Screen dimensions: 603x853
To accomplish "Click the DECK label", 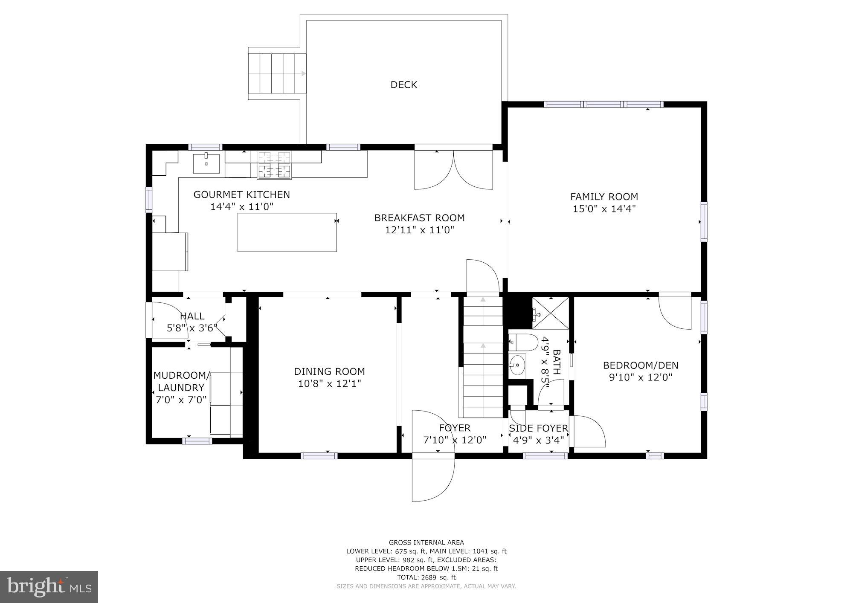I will [403, 85].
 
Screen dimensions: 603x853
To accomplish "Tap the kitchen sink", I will [206, 164].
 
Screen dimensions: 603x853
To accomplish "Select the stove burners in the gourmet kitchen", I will [274, 165].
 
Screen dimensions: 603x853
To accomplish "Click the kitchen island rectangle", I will [287, 232].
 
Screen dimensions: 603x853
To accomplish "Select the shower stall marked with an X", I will [551, 313].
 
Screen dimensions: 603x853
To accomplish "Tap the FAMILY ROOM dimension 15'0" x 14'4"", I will [604, 209].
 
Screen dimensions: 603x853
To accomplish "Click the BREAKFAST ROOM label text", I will [419, 218].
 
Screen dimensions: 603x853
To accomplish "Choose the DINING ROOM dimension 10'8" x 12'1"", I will [329, 384].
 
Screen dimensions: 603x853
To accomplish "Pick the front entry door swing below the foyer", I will [432, 478].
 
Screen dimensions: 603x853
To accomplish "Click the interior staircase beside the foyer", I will [483, 358].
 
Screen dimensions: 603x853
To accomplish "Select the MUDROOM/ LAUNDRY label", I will [181, 382].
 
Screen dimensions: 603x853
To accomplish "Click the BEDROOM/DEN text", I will [640, 365].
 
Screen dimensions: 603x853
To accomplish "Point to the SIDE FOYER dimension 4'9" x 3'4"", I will [538, 440].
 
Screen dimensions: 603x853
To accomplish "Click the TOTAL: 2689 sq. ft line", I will [426, 577].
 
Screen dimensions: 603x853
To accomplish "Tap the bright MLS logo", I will [49, 587].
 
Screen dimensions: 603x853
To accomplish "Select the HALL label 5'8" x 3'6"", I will [192, 322].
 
